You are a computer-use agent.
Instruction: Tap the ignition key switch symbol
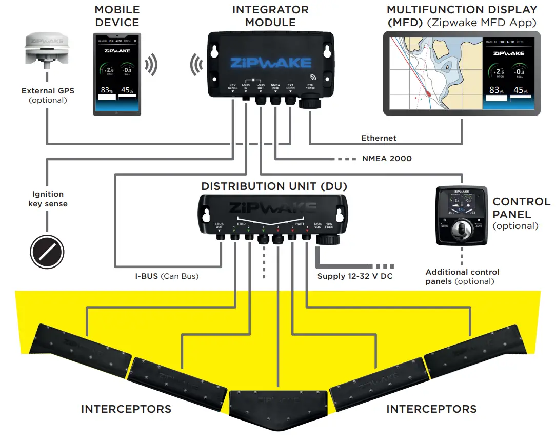coord(47,252)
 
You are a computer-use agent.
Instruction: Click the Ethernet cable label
coord(379,138)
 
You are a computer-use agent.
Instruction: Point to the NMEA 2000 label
coord(387,159)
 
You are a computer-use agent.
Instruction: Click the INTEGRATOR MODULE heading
coord(270,16)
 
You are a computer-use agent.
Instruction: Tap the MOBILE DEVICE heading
coord(117,16)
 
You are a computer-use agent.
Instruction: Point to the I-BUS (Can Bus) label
coord(167,276)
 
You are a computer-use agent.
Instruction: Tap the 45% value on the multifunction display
coord(521,90)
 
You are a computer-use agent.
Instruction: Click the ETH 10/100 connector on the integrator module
coord(310,105)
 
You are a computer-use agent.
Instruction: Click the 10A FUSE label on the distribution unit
coord(329,226)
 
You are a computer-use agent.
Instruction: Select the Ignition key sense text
coord(47,199)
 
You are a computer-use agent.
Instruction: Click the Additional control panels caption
coord(462,277)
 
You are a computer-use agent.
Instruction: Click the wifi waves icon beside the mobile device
coord(150,65)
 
